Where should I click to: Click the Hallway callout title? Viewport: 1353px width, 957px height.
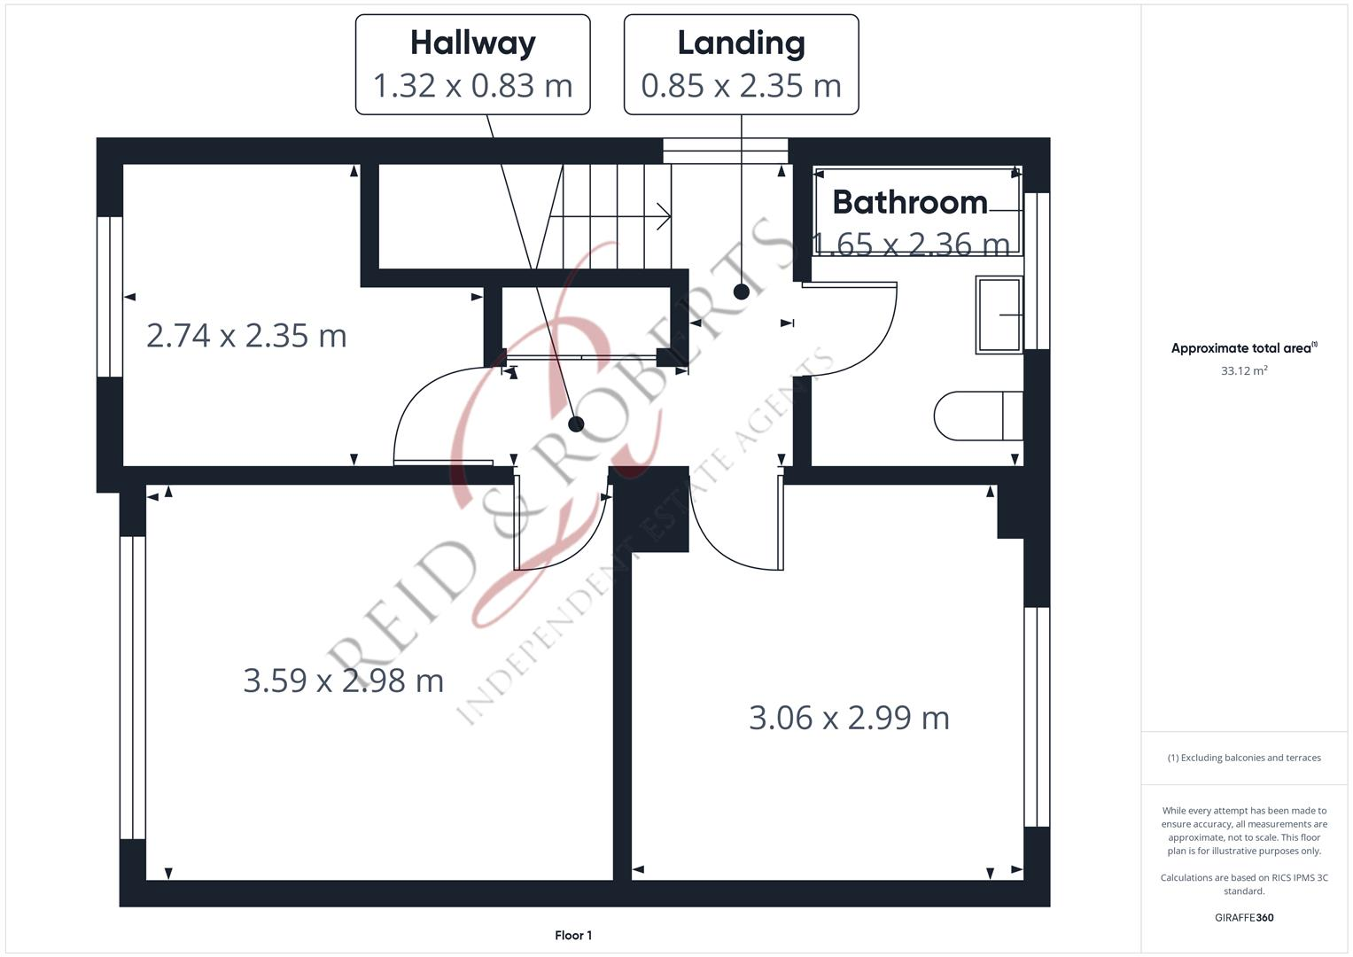click(472, 43)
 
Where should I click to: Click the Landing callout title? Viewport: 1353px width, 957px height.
click(741, 43)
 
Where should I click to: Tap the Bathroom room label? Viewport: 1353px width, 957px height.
click(909, 203)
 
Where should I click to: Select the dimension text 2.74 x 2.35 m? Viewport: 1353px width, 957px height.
click(246, 336)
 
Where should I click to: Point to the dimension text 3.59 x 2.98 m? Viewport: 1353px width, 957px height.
click(343, 681)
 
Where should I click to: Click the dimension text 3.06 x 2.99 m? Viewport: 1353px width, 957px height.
click(849, 718)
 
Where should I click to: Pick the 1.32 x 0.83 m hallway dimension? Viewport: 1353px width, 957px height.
click(472, 86)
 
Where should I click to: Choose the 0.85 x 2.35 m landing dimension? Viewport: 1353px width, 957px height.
click(741, 86)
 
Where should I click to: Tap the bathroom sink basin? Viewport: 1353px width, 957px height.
click(999, 315)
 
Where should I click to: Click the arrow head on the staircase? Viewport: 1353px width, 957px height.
click(663, 215)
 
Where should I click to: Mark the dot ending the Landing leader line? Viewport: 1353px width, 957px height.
click(742, 292)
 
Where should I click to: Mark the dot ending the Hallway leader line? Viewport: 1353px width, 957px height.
click(576, 424)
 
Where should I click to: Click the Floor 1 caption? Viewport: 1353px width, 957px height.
click(573, 935)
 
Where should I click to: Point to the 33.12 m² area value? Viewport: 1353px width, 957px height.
click(1243, 370)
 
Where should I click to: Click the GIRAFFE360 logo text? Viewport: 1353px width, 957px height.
click(1243, 917)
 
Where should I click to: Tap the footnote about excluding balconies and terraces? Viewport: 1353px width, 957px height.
click(1243, 758)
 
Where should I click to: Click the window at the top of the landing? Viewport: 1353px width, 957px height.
click(725, 151)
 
